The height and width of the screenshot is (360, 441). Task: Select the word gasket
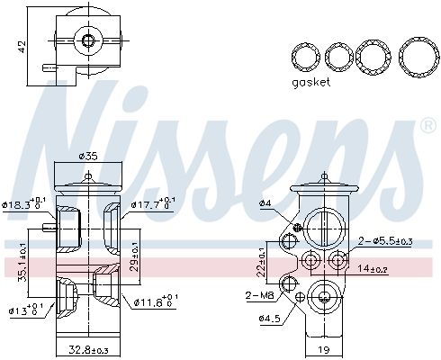(x=311, y=82)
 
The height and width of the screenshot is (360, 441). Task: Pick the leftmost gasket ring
(x=307, y=56)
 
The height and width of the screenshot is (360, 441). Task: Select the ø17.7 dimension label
(x=155, y=203)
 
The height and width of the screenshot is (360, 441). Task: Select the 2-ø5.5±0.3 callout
(x=387, y=241)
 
